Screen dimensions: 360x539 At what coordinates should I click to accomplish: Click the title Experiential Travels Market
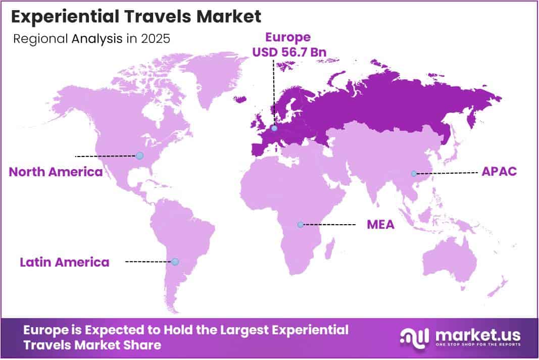[x=136, y=16]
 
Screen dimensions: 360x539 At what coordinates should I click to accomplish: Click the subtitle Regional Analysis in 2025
[x=91, y=39]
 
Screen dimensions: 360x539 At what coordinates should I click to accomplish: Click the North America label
[x=56, y=172]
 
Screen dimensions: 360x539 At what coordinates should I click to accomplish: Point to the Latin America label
[x=64, y=262]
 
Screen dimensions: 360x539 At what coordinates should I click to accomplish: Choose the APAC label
[x=499, y=171]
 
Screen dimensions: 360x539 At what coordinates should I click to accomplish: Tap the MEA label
[x=380, y=224]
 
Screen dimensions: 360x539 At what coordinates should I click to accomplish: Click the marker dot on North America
[x=140, y=156]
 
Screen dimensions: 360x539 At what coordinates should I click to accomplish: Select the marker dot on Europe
[x=274, y=129]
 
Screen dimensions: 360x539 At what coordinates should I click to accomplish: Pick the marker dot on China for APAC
[x=413, y=173]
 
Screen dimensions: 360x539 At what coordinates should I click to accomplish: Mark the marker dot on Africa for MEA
[x=301, y=224]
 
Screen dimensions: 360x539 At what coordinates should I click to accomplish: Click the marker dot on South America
[x=175, y=262]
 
